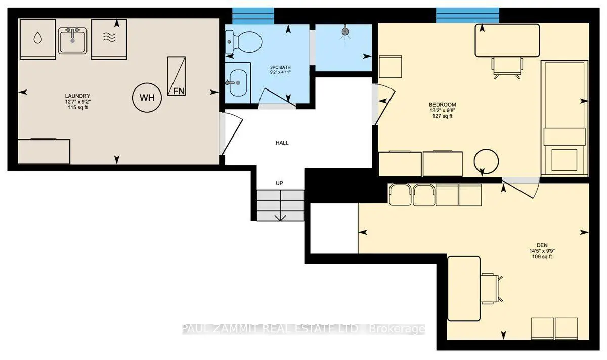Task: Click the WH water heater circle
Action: click(147, 98)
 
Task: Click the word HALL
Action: click(282, 143)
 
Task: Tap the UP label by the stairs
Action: click(279, 183)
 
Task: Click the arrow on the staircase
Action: click(280, 216)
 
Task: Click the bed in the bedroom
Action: click(565, 118)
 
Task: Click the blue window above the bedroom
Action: click(467, 15)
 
